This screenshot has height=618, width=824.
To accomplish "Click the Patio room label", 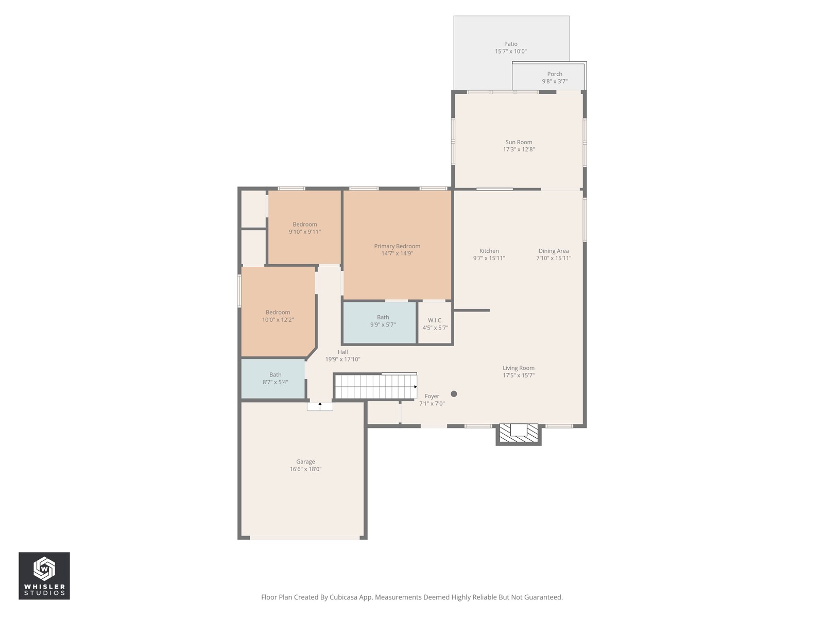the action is (510, 44).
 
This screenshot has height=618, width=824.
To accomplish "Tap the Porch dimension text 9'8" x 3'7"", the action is (555, 81).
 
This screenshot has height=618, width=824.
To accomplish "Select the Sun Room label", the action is (519, 142).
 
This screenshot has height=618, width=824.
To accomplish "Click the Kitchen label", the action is (489, 251).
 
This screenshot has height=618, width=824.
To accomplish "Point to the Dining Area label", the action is (553, 251).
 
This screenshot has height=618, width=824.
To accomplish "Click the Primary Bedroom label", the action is (397, 246).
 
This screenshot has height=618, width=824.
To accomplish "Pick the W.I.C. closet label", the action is (435, 320).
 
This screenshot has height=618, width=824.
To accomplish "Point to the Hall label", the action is (342, 352).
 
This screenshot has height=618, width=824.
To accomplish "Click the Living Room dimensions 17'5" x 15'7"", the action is (519, 375).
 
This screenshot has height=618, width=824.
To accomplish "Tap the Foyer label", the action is (432, 396).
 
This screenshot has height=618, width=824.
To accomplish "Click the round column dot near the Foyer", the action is (454, 393).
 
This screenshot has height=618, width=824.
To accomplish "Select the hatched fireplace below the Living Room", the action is (519, 435).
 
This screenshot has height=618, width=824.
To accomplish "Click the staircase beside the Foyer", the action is (375, 386).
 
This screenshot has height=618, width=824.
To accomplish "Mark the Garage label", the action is (305, 462).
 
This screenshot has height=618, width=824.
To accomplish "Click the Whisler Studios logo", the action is (44, 576).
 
